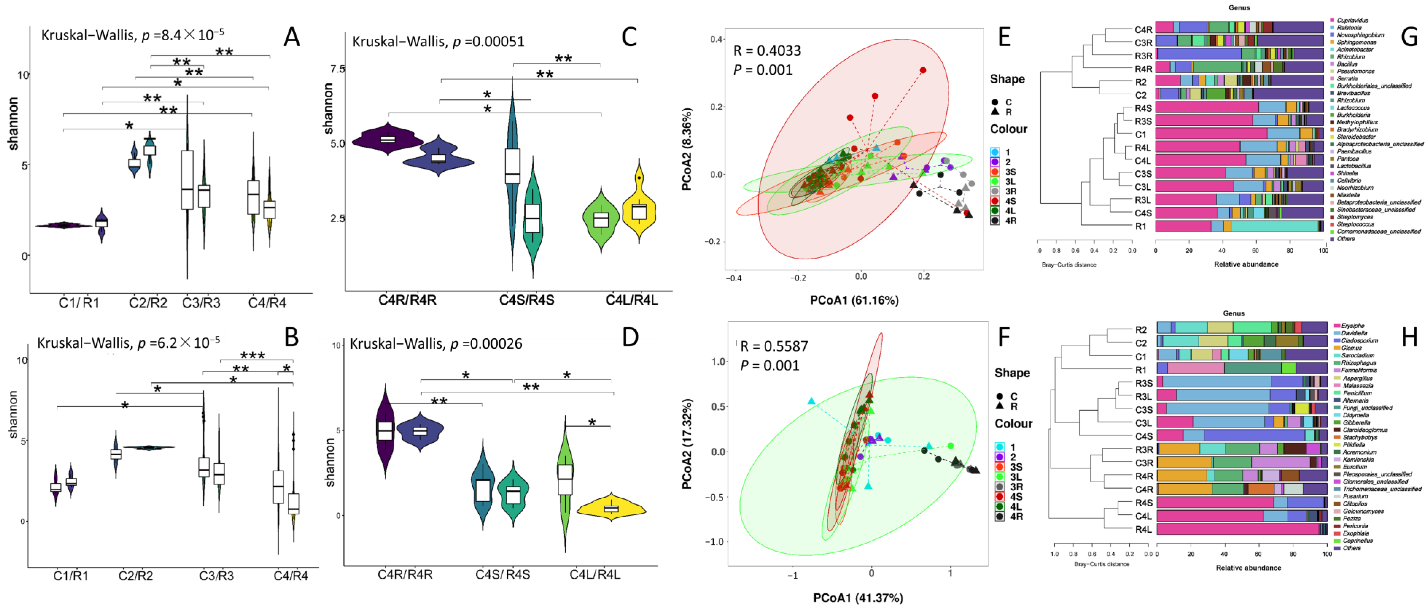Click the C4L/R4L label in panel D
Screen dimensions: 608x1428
(x=595, y=574)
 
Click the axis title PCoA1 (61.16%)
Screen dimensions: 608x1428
(x=854, y=300)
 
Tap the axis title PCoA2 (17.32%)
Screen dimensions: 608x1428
(x=687, y=444)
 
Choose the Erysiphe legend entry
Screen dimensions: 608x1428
(x=1353, y=326)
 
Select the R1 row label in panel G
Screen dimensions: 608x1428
(x=1140, y=226)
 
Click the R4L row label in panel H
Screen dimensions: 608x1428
(x=1143, y=529)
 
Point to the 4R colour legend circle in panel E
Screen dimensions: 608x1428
(x=995, y=221)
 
